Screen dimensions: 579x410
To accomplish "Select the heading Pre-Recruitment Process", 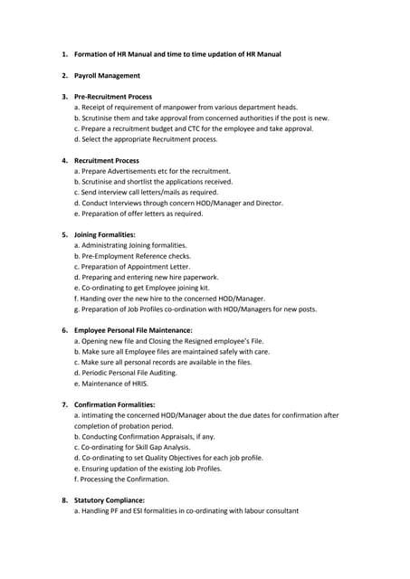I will click(x=113, y=96).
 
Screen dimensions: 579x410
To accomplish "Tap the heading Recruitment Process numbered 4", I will click(x=107, y=160).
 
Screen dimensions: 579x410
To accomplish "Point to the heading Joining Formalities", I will click(x=105, y=234).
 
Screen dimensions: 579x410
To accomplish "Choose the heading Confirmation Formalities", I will click(x=115, y=404).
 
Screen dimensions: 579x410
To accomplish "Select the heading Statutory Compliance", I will click(x=110, y=500).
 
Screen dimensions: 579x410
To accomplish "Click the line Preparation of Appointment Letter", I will click(x=132, y=267).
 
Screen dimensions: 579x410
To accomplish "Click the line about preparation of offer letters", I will click(x=138, y=214).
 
